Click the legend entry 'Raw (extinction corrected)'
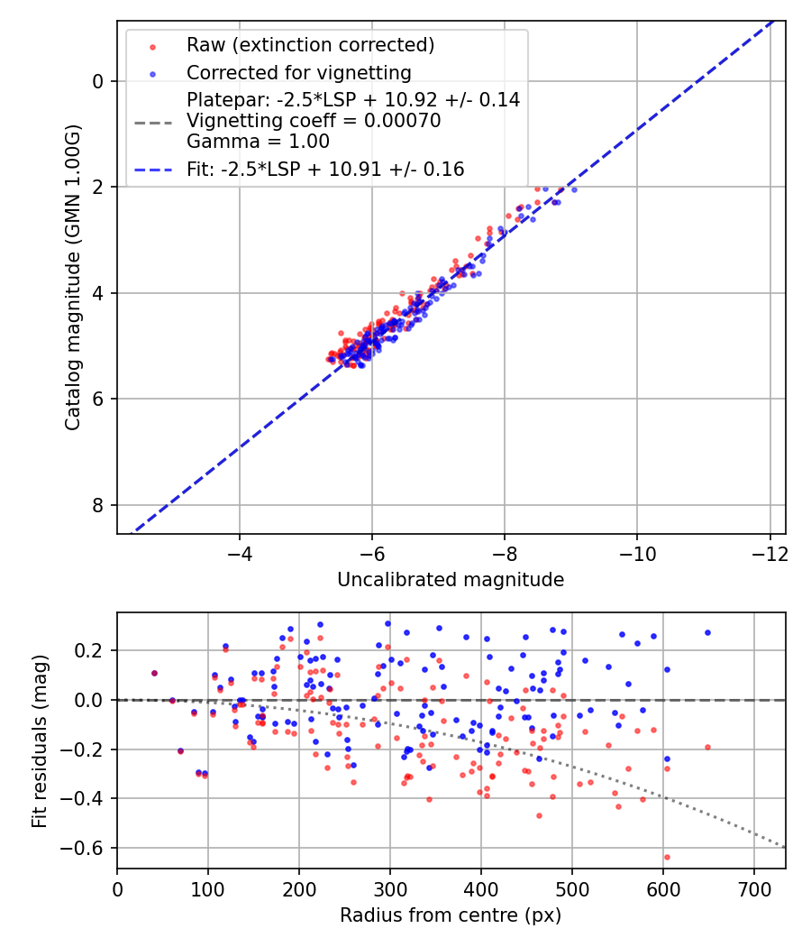coord(310,45)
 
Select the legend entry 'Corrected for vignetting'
coord(298,73)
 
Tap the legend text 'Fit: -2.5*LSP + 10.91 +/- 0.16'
coord(325,169)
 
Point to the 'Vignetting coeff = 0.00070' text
coord(314,121)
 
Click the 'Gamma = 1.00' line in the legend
coord(258,142)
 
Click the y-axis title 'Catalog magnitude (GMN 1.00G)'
coord(73,277)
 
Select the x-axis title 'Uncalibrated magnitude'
coord(451,580)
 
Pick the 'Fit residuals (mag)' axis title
coord(39,740)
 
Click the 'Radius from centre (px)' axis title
coord(451,915)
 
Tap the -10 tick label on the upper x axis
coord(637,552)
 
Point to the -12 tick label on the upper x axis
coord(770,552)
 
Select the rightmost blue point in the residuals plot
coord(707,632)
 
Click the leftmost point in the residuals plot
coord(154,673)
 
